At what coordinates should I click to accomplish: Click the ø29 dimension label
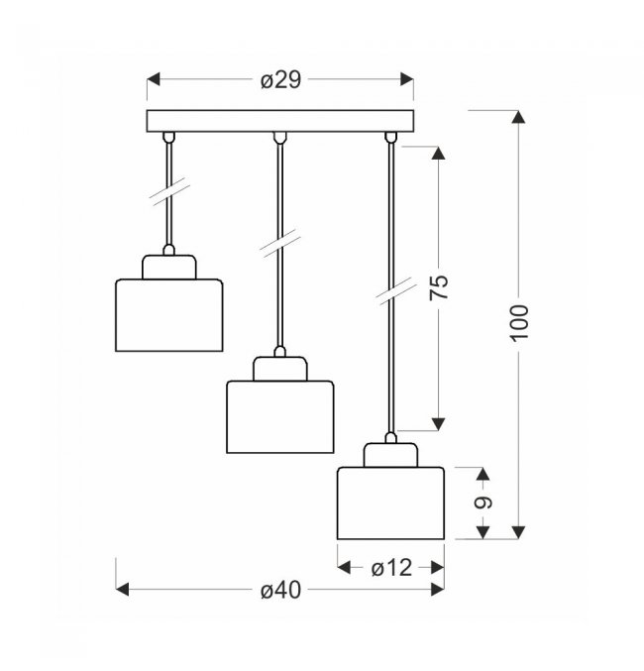(x=280, y=79)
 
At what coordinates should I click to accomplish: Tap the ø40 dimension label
(x=280, y=590)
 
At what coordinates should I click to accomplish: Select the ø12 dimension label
(x=391, y=568)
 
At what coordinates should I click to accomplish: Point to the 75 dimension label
(x=439, y=287)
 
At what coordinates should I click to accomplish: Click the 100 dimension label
(x=519, y=323)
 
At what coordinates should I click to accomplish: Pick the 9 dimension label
(x=483, y=503)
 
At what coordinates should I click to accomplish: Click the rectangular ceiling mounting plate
(x=280, y=121)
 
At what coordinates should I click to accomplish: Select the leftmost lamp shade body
(x=169, y=315)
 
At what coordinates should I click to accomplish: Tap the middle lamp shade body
(x=279, y=417)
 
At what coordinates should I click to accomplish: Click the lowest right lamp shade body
(x=390, y=503)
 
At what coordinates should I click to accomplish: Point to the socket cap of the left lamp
(x=169, y=268)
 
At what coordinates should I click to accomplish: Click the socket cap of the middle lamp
(x=279, y=369)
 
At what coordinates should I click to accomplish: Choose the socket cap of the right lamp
(x=390, y=455)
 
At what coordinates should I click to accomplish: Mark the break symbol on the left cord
(x=169, y=191)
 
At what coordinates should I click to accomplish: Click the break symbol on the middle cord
(x=279, y=243)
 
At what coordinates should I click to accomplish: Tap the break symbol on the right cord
(x=396, y=291)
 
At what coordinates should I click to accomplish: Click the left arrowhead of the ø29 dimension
(x=154, y=79)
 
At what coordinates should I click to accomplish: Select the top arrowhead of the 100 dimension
(x=518, y=117)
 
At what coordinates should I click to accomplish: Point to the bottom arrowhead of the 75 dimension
(x=438, y=424)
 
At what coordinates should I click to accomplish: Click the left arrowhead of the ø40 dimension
(x=122, y=590)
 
